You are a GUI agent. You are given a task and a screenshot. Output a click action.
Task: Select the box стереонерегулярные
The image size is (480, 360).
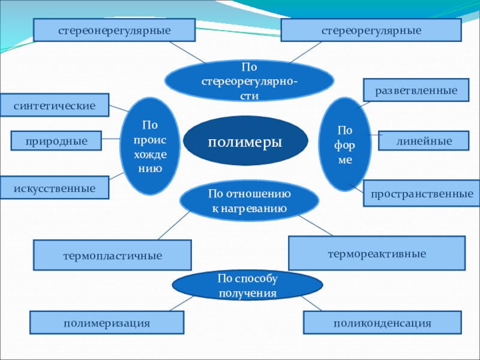115,30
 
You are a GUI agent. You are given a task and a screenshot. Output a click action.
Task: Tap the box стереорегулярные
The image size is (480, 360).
371,30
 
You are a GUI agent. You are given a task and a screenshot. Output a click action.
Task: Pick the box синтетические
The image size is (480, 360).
55,105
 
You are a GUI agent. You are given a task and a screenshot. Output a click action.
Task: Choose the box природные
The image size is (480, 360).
56,141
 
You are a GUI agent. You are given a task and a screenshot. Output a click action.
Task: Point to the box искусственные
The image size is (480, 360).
55,188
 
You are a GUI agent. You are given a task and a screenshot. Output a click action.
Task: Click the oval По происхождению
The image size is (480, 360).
150,146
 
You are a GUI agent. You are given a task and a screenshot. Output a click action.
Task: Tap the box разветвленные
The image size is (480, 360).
416,91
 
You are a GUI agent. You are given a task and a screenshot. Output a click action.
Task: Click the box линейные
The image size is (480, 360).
424,140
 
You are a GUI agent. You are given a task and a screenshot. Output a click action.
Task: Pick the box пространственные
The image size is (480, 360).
421,194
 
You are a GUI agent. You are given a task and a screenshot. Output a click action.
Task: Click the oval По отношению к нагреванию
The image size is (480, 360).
250,200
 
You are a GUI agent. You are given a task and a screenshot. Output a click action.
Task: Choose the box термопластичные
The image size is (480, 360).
113,255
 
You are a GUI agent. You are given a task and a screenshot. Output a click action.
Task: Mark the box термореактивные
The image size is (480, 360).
377,253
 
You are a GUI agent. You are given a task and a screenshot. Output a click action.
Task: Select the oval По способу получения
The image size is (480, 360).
248,285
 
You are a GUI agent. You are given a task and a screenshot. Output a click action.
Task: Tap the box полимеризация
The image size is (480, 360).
107,323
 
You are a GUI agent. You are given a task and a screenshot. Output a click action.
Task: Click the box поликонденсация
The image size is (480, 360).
383,323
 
